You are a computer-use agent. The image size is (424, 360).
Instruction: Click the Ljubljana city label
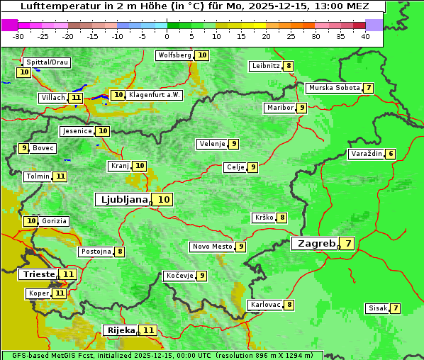click(123, 199)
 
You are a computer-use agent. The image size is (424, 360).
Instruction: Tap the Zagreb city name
click(316, 243)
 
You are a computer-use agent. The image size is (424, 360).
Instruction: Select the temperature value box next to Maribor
click(302, 108)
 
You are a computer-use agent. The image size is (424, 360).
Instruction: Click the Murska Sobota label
click(333, 88)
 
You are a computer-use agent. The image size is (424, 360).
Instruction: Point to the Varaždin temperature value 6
click(391, 154)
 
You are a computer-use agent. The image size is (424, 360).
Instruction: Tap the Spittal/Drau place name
click(48, 62)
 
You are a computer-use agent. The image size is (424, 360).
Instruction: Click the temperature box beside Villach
click(77, 98)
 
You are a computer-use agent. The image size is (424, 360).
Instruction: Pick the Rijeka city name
click(120, 330)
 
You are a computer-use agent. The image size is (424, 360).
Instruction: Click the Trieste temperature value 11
click(68, 274)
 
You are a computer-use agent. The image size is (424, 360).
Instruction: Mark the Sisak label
click(376, 308)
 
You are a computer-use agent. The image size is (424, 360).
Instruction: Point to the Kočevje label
click(179, 275)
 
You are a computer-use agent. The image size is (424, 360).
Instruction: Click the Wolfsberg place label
click(174, 55)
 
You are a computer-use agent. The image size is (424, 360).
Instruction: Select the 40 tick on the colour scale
click(365, 36)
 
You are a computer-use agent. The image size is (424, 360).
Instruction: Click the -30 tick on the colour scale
click(18, 36)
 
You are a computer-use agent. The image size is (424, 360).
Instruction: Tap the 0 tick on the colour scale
click(167, 36)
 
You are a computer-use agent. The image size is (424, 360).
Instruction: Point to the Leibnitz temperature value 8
click(289, 66)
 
